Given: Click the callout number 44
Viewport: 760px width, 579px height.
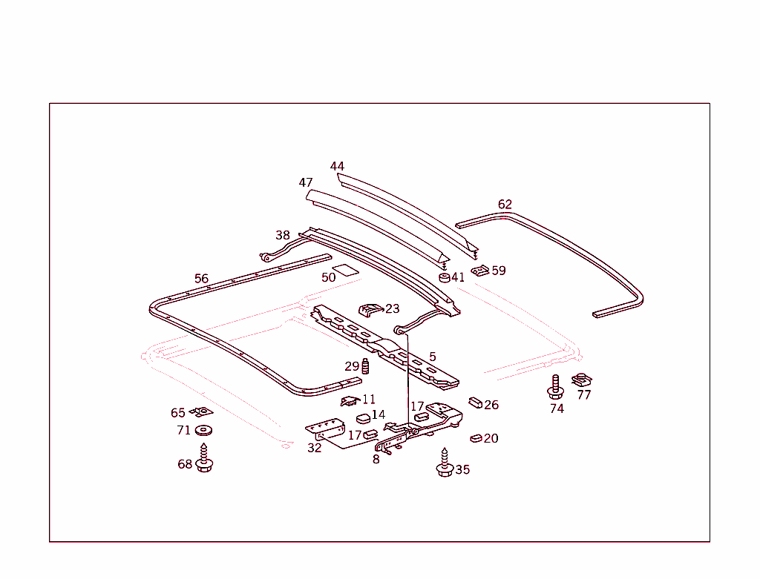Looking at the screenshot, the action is (x=337, y=167).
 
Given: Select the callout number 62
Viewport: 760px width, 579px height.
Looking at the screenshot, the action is (x=505, y=205).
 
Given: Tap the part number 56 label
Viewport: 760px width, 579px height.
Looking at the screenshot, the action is (x=201, y=279).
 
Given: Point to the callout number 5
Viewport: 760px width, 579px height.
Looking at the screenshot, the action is (x=433, y=357).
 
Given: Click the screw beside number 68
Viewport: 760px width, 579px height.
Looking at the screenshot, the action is (x=204, y=458).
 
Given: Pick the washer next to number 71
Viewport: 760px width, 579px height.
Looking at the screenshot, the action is (x=203, y=430).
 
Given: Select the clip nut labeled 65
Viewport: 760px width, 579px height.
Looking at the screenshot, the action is (x=201, y=412).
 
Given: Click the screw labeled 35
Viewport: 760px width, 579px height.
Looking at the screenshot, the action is (x=445, y=463).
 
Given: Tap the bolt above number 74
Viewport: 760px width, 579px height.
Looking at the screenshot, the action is (x=555, y=386).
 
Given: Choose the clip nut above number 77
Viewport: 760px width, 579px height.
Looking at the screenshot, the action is (x=582, y=380).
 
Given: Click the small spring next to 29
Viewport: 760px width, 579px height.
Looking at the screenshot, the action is (x=365, y=366).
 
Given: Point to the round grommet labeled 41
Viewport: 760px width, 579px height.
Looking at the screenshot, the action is (x=445, y=277).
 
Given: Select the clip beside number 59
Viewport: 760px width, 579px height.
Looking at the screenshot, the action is (x=480, y=271).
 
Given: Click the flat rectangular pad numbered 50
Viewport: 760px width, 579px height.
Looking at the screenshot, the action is (x=346, y=270).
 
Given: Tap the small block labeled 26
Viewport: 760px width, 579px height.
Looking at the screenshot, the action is (x=476, y=403).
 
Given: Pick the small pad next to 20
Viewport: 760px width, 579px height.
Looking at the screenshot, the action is (x=476, y=438).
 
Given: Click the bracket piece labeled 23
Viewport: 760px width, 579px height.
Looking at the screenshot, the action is (x=371, y=310).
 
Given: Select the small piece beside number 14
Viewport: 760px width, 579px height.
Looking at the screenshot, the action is (x=364, y=418).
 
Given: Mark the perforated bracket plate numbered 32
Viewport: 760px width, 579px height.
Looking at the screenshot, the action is (x=325, y=429).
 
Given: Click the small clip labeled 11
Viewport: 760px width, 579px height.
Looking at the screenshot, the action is (x=350, y=401).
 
